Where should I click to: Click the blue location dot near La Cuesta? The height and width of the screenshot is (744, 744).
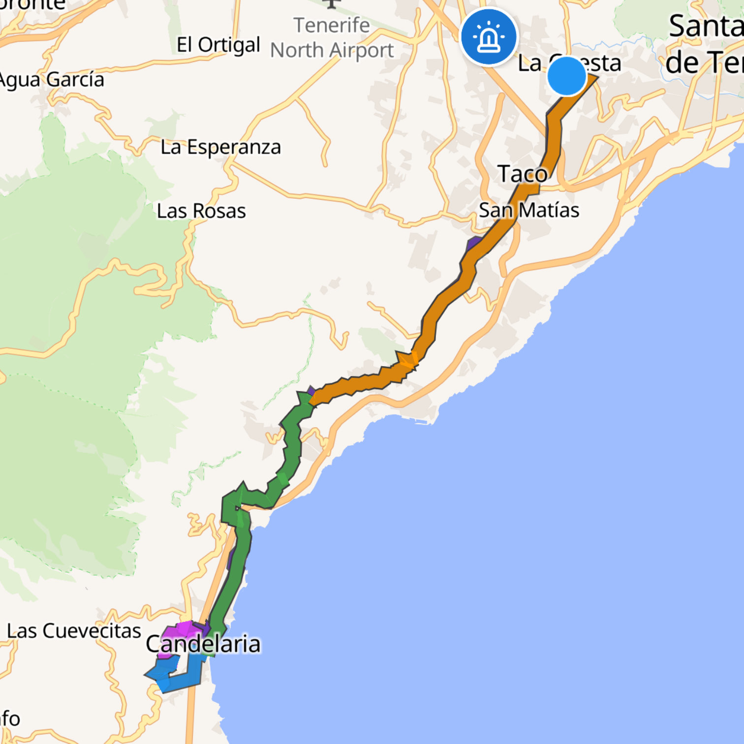[x=567, y=76]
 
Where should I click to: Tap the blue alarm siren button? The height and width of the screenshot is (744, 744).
[x=489, y=37]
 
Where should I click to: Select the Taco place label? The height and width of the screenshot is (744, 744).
[x=522, y=174]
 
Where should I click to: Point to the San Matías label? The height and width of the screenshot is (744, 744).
[x=529, y=210]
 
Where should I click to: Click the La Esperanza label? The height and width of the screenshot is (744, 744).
[x=220, y=147]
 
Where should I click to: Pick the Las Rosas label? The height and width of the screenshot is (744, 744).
[x=201, y=211]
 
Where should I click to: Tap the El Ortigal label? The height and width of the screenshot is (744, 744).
[x=218, y=45]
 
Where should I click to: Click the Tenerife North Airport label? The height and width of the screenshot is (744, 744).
[x=332, y=38]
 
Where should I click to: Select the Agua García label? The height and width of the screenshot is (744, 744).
[x=52, y=80]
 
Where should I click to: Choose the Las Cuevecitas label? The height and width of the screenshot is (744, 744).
[x=74, y=631]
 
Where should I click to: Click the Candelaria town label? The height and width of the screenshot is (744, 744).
[x=203, y=644]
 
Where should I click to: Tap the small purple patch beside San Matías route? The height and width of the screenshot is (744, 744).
[x=474, y=243]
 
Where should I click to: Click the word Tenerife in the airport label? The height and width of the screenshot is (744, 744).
[x=332, y=25]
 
